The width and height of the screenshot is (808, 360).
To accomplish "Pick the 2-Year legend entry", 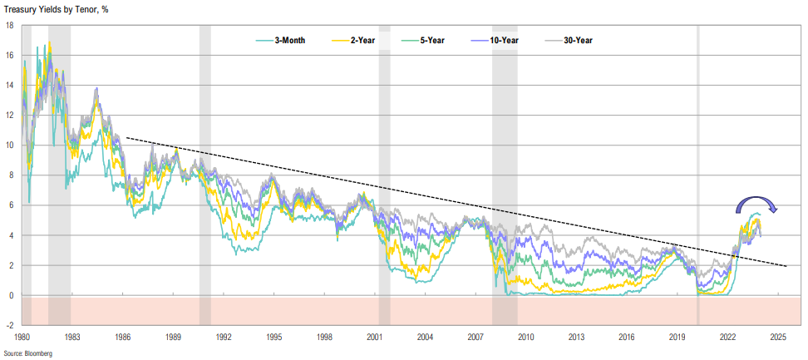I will [360, 40].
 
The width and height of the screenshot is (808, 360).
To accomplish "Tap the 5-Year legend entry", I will [432, 40].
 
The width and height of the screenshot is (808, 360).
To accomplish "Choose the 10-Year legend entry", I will [506, 40].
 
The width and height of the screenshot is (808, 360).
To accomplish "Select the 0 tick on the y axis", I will [10, 295].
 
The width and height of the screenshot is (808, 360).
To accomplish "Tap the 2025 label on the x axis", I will [779, 338].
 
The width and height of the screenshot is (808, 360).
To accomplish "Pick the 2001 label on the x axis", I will [375, 338].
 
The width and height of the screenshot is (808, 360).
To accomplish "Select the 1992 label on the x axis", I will [224, 338].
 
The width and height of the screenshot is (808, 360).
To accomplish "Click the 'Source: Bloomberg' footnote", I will [27, 353].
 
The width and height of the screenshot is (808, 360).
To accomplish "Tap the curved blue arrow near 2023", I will [753, 201].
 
